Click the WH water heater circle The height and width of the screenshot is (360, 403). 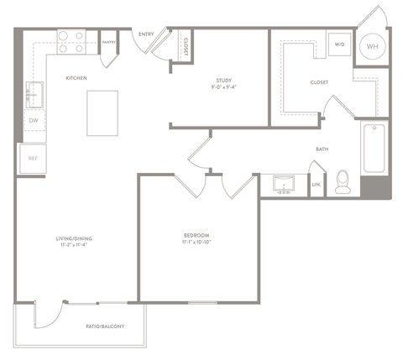click(x=372, y=47)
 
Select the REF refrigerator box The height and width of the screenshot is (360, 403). click(x=33, y=158)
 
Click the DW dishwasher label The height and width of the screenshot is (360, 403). click(x=34, y=121)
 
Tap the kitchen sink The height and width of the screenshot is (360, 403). click(x=33, y=94)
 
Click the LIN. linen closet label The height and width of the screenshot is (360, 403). click(x=317, y=184)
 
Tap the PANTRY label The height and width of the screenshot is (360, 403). click(x=108, y=41)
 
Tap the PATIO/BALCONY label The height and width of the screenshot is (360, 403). click(x=105, y=326)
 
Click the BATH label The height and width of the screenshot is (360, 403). click(x=322, y=149)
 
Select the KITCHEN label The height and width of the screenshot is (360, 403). click(x=78, y=78)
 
